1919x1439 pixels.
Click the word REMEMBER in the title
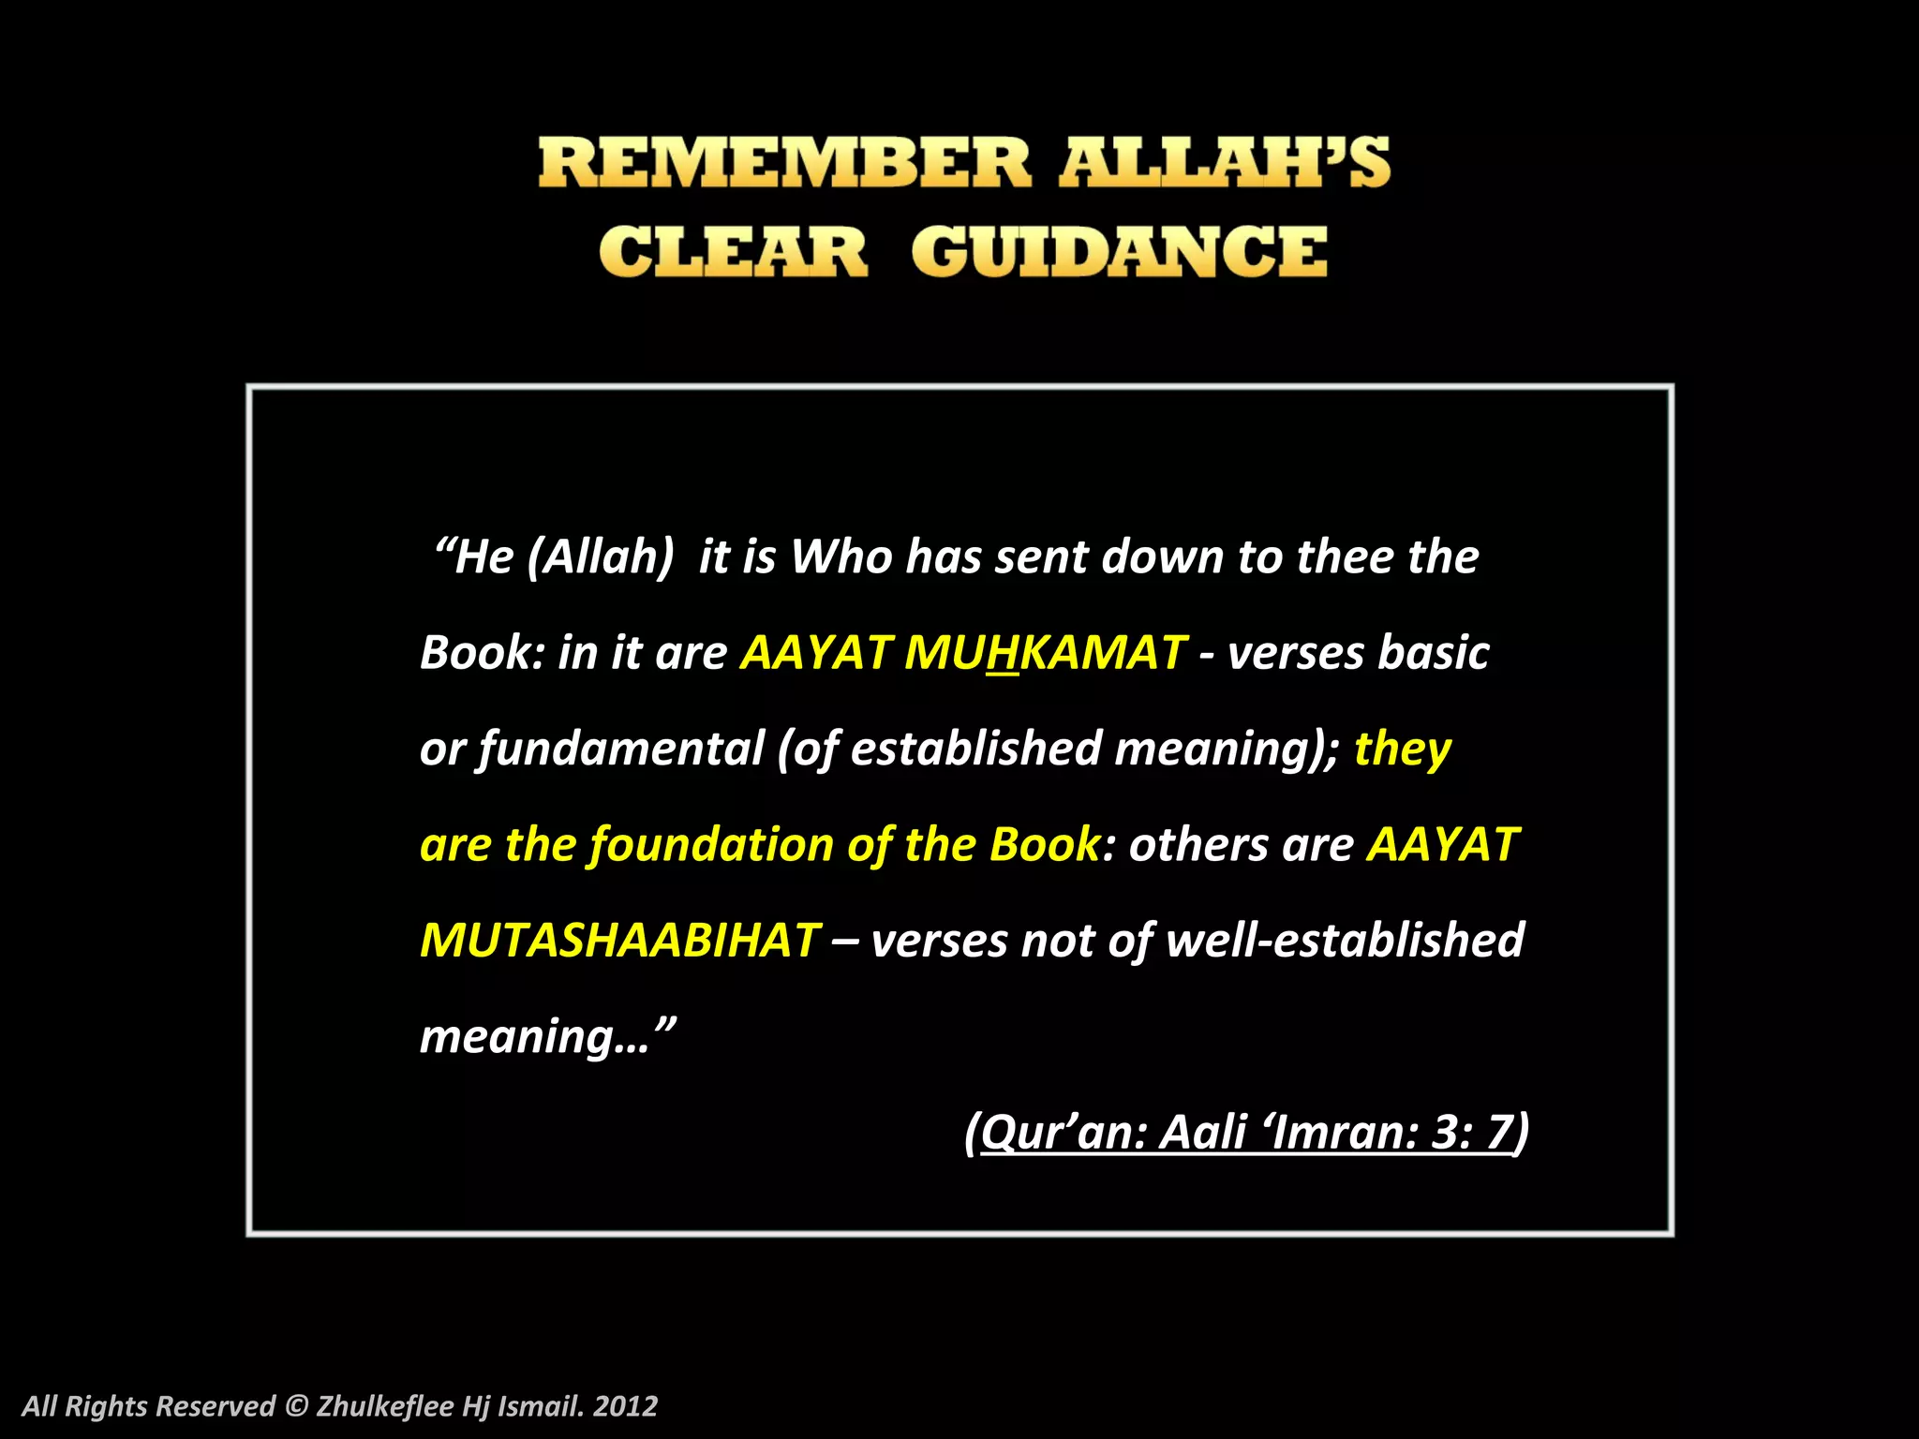pyautogui.click(x=784, y=163)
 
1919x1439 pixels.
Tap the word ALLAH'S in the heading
pyautogui.click(x=1224, y=163)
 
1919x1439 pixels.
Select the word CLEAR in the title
pyautogui.click(x=733, y=252)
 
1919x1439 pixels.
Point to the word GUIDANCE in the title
pyautogui.click(x=1119, y=252)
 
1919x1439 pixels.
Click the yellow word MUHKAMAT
pyautogui.click(x=1045, y=653)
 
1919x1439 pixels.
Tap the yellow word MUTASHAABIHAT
pyautogui.click(x=619, y=941)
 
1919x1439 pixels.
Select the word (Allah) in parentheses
pyautogui.click(x=601, y=557)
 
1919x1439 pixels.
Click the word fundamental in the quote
pyautogui.click(x=621, y=749)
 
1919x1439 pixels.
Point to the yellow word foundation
pyautogui.click(x=711, y=845)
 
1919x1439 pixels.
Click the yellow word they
pyautogui.click(x=1402, y=749)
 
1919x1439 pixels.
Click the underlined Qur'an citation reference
pyautogui.click(x=1246, y=1133)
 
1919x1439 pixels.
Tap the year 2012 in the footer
pyautogui.click(x=625, y=1406)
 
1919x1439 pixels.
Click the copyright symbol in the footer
pyautogui.click(x=295, y=1406)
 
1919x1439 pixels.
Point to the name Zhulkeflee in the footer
pyautogui.click(x=385, y=1406)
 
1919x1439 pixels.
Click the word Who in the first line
pyautogui.click(x=840, y=557)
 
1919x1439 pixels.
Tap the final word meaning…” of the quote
pyautogui.click(x=547, y=1037)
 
